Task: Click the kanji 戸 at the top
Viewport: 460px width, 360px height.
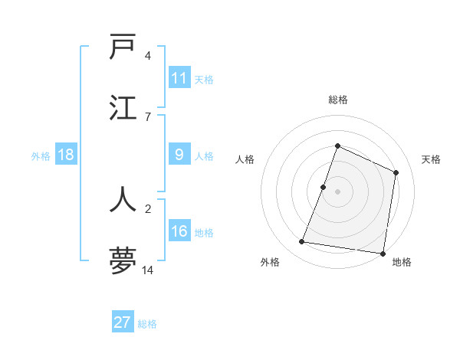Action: point(123,48)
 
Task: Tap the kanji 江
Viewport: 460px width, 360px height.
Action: point(123,106)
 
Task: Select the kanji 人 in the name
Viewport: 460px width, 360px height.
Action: point(123,198)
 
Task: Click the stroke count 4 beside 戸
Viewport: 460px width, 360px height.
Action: point(148,56)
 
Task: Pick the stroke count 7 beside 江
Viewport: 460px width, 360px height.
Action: point(148,116)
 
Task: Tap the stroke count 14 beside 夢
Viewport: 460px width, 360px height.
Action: point(148,271)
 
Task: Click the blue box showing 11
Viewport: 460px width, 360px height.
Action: point(179,78)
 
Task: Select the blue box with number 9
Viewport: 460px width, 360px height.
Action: point(179,155)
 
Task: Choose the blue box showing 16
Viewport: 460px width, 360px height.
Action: point(179,231)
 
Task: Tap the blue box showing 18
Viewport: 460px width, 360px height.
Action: point(66,155)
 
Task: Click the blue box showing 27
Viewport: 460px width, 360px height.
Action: point(123,322)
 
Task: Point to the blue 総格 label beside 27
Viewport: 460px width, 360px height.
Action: point(147,324)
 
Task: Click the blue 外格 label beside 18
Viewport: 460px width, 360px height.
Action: point(41,155)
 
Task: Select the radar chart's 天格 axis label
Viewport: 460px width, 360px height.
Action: point(431,159)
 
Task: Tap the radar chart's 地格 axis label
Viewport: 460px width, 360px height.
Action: point(402,262)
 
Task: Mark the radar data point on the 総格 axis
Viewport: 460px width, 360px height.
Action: point(337,146)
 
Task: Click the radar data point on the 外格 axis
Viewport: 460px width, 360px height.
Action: point(302,242)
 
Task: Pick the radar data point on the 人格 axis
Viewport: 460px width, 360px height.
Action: point(324,187)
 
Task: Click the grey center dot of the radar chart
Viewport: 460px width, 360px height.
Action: point(337,191)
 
